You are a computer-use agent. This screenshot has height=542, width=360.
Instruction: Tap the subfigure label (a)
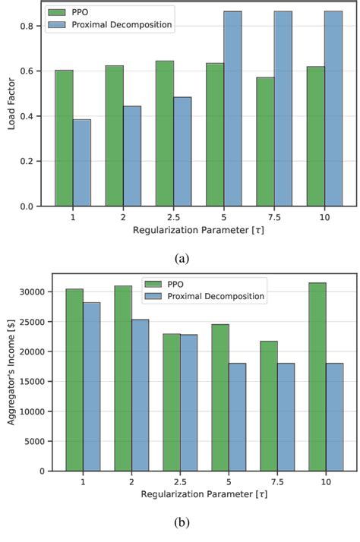pos(182,258)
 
